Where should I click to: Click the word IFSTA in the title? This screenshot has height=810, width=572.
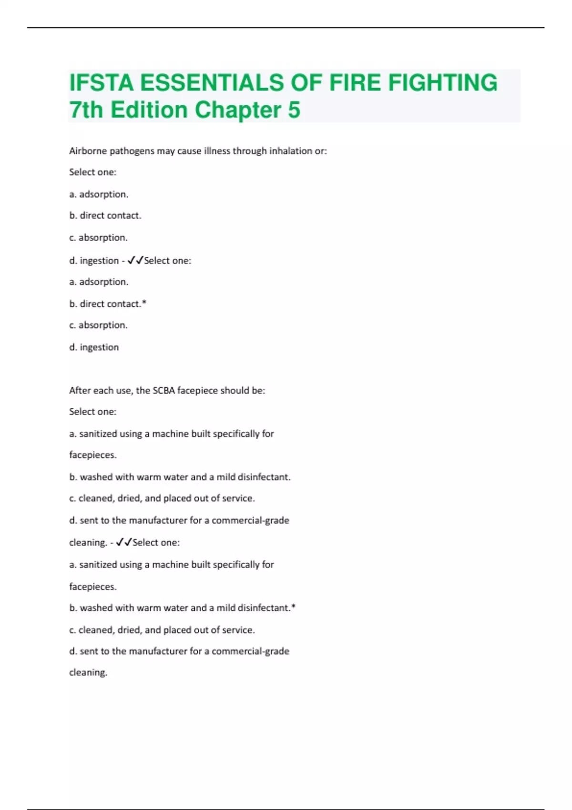[102, 82]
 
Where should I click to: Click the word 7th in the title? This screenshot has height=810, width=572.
[86, 110]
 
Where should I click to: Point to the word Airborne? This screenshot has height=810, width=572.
[88, 151]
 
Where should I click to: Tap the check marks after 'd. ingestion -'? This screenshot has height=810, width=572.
[135, 260]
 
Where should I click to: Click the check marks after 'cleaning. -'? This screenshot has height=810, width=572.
[124, 542]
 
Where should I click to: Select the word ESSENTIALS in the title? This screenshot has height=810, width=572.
[212, 82]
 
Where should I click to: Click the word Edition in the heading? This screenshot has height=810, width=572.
[149, 110]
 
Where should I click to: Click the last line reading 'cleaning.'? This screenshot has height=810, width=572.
[88, 673]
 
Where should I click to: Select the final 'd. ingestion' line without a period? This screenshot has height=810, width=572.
[94, 347]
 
